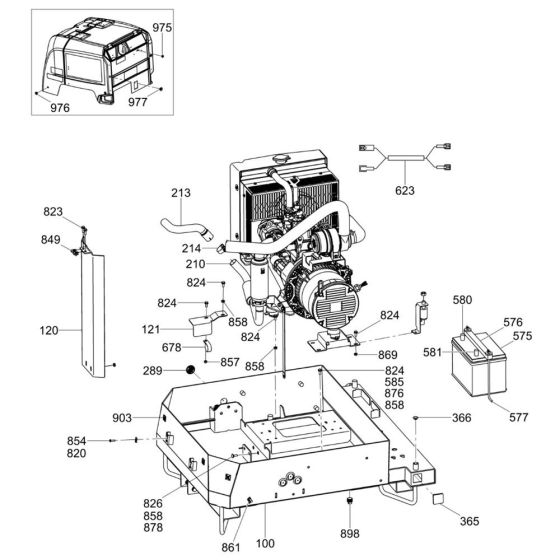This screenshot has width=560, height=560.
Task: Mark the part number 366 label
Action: pos(460,417)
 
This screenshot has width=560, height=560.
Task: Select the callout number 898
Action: pos(350,533)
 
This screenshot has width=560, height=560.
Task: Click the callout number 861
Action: pos(231,547)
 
